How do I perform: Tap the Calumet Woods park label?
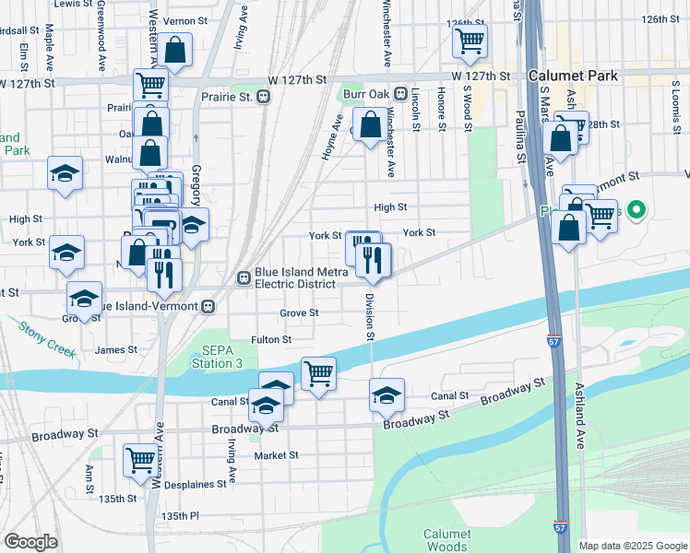pyautogui.click(x=447, y=540)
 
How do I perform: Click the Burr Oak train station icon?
pyautogui.click(x=400, y=94)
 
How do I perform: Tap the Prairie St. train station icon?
pyautogui.click(x=264, y=96)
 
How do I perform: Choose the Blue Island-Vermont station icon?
pyautogui.click(x=209, y=306)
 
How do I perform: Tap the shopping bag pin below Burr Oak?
pyautogui.click(x=370, y=124)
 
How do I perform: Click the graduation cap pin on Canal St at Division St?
pyautogui.click(x=387, y=396)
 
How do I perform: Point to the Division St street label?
pyautogui.click(x=369, y=316)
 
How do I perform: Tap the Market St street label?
pyautogui.click(x=277, y=455)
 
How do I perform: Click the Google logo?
pyautogui.click(x=30, y=542)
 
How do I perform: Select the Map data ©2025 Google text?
pyautogui.click(x=632, y=546)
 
